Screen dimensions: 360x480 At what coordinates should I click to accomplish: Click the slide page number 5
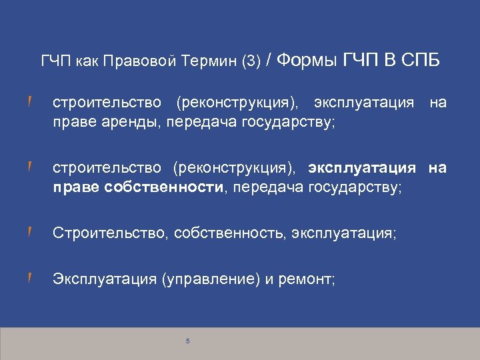pyautogui.click(x=188, y=341)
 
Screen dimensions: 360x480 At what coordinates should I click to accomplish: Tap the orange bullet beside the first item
pyautogui.click(x=30, y=102)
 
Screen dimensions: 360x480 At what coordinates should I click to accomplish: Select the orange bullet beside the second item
pyautogui.click(x=30, y=167)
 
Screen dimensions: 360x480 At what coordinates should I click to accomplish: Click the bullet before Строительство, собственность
pyautogui.click(x=30, y=233)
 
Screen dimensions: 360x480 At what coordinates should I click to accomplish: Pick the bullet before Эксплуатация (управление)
pyautogui.click(x=30, y=279)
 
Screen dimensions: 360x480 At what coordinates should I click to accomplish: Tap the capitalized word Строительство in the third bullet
pyautogui.click(x=111, y=233)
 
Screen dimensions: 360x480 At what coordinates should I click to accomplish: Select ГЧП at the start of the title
pyautogui.click(x=56, y=63)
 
